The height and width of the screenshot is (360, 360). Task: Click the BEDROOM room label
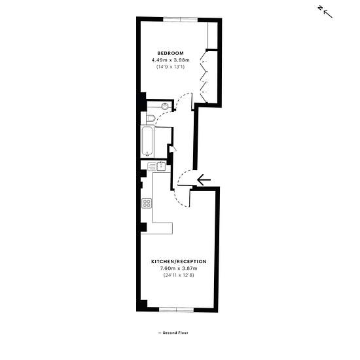pyautogui.click(x=171, y=53)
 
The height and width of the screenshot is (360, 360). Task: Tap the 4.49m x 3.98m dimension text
pyautogui.click(x=171, y=60)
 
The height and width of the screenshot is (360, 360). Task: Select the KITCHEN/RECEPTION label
pyautogui.click(x=179, y=262)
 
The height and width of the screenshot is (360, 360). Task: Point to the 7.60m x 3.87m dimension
pyautogui.click(x=179, y=268)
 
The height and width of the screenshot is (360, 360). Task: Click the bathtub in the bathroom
pyautogui.click(x=147, y=141)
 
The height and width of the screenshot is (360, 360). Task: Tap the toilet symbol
pyautogui.click(x=151, y=118)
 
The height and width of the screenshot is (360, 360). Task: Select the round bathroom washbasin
pyautogui.click(x=165, y=107)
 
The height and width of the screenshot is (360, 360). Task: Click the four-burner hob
pyautogui.click(x=147, y=204)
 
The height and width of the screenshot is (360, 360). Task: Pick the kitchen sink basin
pyautogui.click(x=161, y=166)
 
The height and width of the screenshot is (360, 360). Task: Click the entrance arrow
pyautogui.click(x=204, y=180)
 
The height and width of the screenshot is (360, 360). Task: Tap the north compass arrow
pyautogui.click(x=328, y=14)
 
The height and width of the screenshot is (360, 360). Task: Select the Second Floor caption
pyautogui.click(x=173, y=333)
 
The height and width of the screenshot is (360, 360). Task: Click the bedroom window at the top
pyautogui.click(x=181, y=20)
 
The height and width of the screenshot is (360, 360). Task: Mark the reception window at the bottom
pyautogui.click(x=177, y=310)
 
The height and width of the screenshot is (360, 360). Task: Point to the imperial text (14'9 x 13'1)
pyautogui.click(x=171, y=67)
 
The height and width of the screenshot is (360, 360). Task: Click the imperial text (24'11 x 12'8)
pyautogui.click(x=179, y=275)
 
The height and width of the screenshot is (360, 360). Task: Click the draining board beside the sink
pyautogui.click(x=152, y=167)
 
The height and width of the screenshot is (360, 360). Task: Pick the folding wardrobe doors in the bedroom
pyautogui.click(x=204, y=77)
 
